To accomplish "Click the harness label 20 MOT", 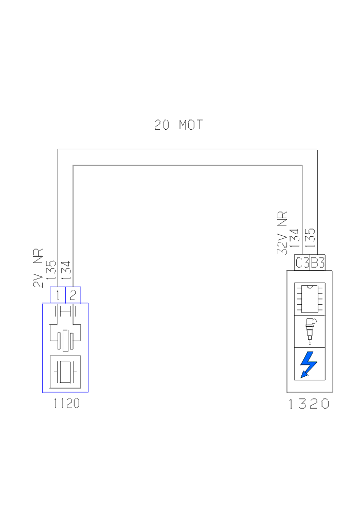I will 178,125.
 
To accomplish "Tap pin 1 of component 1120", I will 58,295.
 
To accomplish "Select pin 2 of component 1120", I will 73,295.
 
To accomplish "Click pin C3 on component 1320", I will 302,263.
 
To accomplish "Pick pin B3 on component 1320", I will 318,263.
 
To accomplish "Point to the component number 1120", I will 66,404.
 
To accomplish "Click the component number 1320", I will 309,404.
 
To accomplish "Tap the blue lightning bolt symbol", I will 309,364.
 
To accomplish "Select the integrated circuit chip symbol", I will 309,299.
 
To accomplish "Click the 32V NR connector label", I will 282,233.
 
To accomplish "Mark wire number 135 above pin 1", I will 51,270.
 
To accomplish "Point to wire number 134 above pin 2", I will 67,270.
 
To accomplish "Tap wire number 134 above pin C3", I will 295,239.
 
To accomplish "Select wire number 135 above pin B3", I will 310,239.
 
